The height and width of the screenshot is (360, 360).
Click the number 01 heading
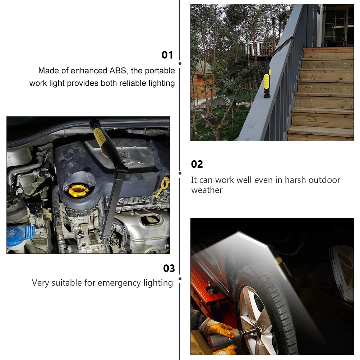(x=167, y=55)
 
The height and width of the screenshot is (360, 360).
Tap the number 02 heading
(x=197, y=164)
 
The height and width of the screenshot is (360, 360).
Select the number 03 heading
(x=169, y=268)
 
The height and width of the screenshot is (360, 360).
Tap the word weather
(x=207, y=190)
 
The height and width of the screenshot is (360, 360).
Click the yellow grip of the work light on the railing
(x=267, y=81)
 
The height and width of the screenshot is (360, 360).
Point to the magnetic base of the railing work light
(x=267, y=95)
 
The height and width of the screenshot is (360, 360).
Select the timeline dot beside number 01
(x=180, y=64)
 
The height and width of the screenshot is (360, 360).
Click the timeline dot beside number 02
(x=180, y=173)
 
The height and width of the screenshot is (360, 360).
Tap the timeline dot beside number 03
(x=180, y=279)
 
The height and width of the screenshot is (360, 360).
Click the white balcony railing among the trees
(x=259, y=48)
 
